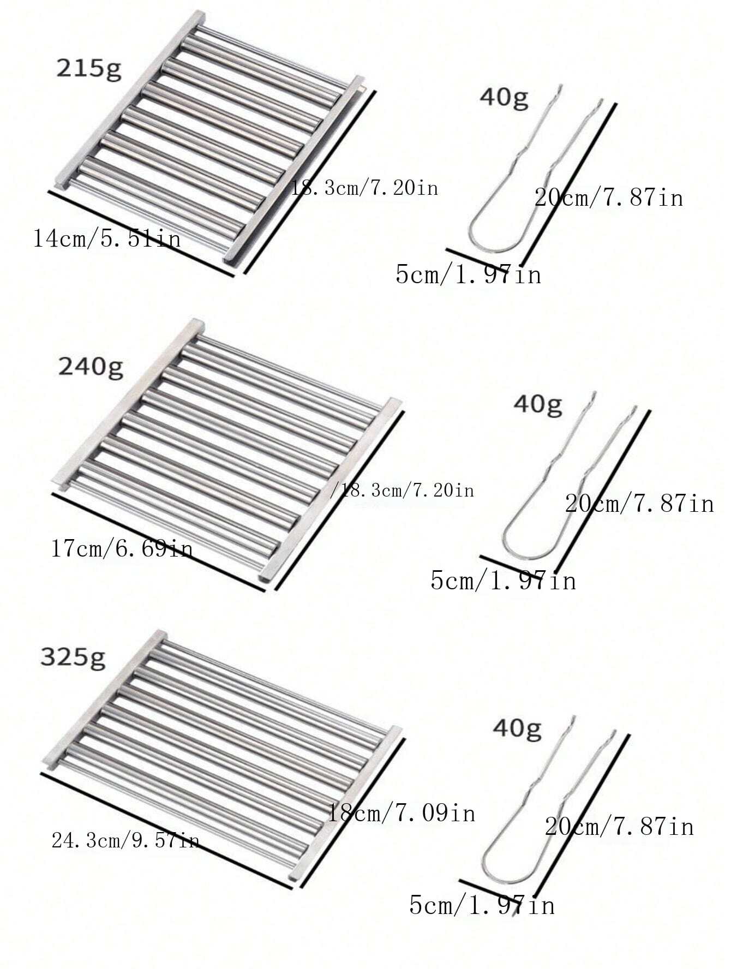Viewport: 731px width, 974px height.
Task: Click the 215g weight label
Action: point(89,70)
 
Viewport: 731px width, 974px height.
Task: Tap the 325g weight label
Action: point(73,658)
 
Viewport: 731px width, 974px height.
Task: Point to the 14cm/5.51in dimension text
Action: point(107,238)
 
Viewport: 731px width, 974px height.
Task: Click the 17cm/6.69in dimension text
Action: point(122,547)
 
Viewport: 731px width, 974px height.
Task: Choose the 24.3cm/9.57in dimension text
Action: point(125,840)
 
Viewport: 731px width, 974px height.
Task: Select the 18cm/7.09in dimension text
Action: point(401,813)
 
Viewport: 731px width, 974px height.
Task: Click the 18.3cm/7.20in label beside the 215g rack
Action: point(364,188)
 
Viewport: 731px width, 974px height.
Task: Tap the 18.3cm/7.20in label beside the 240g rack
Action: point(403,490)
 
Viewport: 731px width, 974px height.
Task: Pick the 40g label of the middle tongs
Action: point(538,405)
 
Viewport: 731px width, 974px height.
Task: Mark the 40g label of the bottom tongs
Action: point(517,729)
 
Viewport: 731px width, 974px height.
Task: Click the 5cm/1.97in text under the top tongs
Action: point(469,274)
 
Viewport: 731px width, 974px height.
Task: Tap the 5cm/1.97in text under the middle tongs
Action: point(504,579)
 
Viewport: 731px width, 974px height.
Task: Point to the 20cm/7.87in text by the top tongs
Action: point(609,197)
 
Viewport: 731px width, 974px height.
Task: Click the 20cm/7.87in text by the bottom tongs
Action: point(619,827)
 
